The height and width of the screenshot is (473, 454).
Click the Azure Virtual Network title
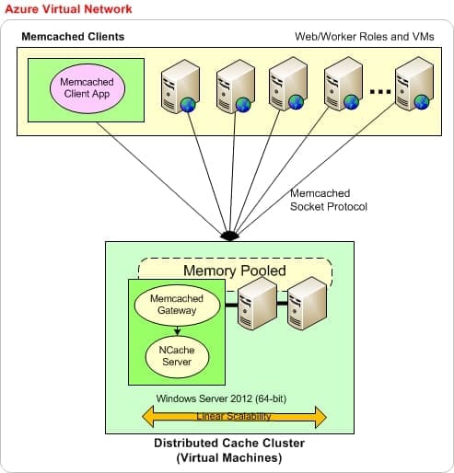pyautogui.click(x=68, y=9)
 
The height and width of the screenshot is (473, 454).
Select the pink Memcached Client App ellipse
pyautogui.click(x=87, y=88)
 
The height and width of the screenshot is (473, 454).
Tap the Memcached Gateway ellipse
pyautogui.click(x=177, y=305)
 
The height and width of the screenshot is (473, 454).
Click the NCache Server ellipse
pyautogui.click(x=177, y=356)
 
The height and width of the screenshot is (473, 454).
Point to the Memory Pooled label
pyautogui.click(x=235, y=271)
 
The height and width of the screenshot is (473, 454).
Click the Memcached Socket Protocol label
pyautogui.click(x=329, y=200)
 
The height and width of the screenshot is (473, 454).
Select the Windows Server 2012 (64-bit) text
pyautogui.click(x=221, y=398)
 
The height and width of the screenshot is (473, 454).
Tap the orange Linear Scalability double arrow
pyautogui.click(x=234, y=417)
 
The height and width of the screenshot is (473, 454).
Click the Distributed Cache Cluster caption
pyautogui.click(x=229, y=444)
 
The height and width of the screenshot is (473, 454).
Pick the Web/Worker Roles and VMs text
pyautogui.click(x=365, y=37)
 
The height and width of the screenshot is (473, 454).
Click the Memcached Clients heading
pyautogui.click(x=73, y=37)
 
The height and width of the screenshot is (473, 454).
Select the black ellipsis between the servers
pyautogui.click(x=380, y=91)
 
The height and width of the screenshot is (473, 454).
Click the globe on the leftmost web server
pyautogui.click(x=188, y=105)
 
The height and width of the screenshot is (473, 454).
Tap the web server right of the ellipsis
pyautogui.click(x=414, y=84)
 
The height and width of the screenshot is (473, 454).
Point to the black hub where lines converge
pyautogui.click(x=229, y=236)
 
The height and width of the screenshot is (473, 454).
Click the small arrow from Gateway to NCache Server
pyautogui.click(x=177, y=330)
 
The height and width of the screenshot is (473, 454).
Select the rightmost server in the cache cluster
pyautogui.click(x=307, y=304)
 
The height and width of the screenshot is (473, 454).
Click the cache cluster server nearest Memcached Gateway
pyautogui.click(x=257, y=304)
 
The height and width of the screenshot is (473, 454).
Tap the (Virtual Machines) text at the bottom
pyautogui.click(x=229, y=457)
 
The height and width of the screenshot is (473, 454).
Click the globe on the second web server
pyautogui.click(x=243, y=105)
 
